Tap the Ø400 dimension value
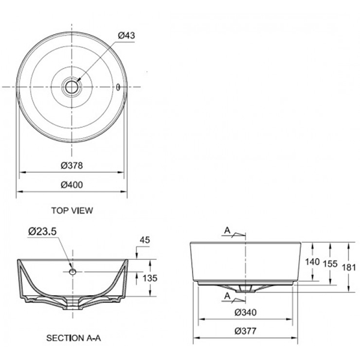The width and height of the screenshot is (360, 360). tap(71, 185)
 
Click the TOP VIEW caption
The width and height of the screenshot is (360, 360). tap(72, 211)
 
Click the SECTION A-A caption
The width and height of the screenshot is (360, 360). tap(73, 338)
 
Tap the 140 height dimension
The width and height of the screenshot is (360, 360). tap(311, 262)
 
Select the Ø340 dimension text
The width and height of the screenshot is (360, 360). tap(246, 312)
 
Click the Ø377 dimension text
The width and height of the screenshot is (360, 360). tap(246, 331)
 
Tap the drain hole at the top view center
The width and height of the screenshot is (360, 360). tap(72, 86)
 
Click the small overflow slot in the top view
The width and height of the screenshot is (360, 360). tap(119, 86)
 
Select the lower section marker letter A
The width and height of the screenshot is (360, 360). tap(227, 296)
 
